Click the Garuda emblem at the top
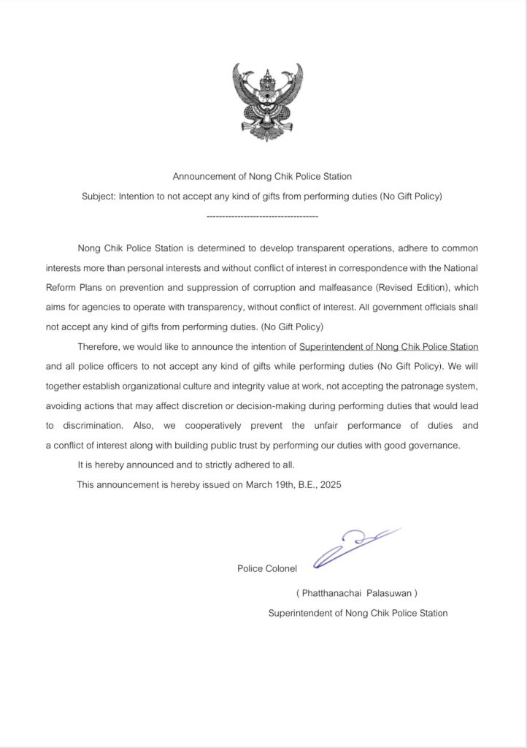(x=267, y=102)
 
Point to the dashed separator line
(x=263, y=217)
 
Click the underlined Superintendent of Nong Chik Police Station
(x=388, y=346)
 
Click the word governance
(x=435, y=445)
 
